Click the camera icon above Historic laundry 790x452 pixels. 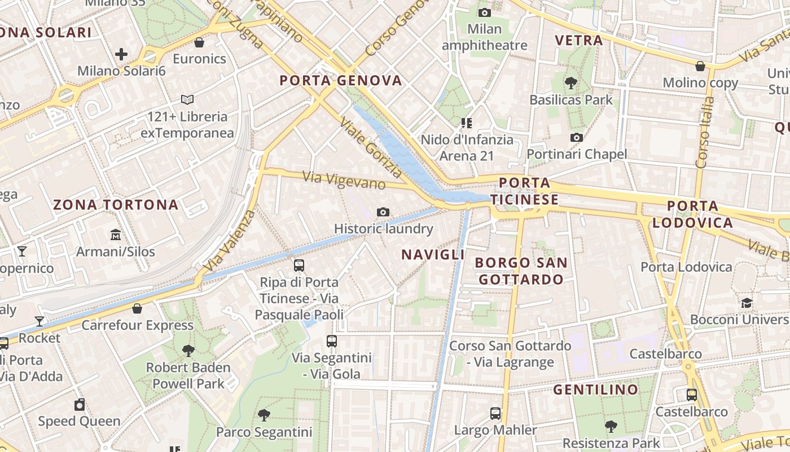pyautogui.click(x=383, y=212)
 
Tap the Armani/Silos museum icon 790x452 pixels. pyautogui.click(x=116, y=234)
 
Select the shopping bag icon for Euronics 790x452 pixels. pyautogui.click(x=199, y=42)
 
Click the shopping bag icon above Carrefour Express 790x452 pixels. pyautogui.click(x=137, y=308)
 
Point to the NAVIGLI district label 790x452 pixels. pyautogui.click(x=433, y=255)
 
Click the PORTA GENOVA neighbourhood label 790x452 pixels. pyautogui.click(x=341, y=80)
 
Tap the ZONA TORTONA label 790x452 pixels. pyautogui.click(x=116, y=205)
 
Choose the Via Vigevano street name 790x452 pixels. pyautogui.click(x=344, y=180)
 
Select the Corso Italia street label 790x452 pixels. pyautogui.click(x=705, y=133)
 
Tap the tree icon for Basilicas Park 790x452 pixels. pyautogui.click(x=571, y=83)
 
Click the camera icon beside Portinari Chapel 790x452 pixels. pyautogui.click(x=577, y=137)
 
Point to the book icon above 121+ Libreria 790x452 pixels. pyautogui.click(x=187, y=100)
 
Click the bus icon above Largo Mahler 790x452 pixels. pyautogui.click(x=495, y=413)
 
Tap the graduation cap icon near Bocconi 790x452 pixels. pyautogui.click(x=747, y=303)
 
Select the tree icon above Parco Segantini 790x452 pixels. pyautogui.click(x=264, y=415)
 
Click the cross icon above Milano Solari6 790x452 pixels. pyautogui.click(x=121, y=54)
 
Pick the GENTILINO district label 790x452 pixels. pyautogui.click(x=595, y=389)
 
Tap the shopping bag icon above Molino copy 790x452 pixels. pyautogui.click(x=700, y=66)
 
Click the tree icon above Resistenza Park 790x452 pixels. pyautogui.click(x=611, y=426)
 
